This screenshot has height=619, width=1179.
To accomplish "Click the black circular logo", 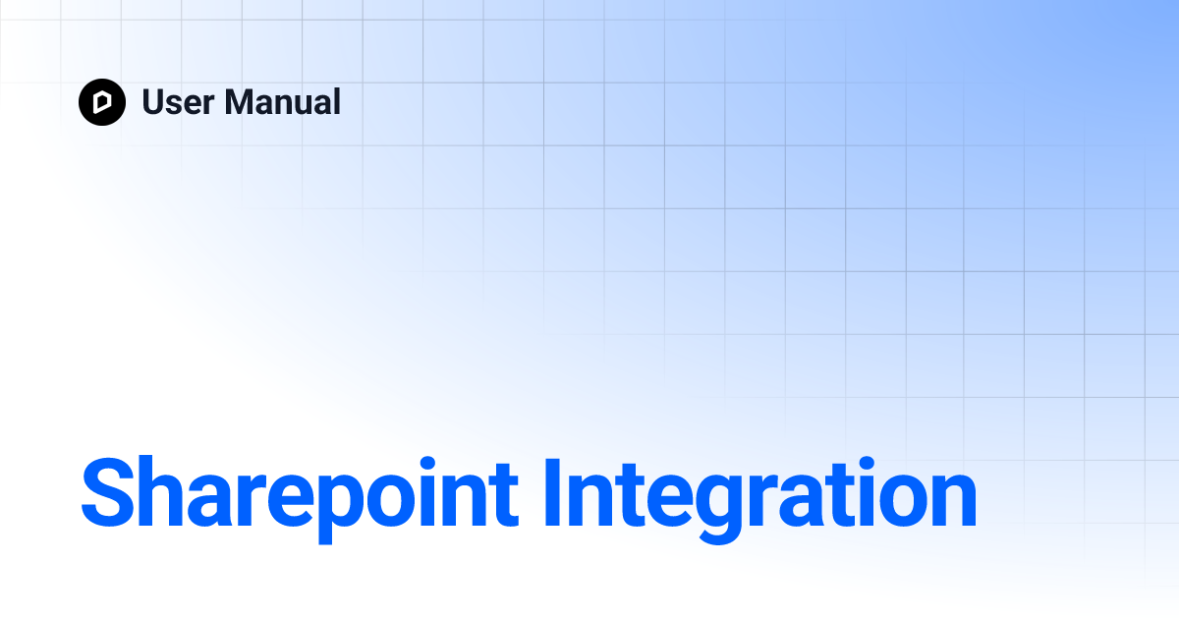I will tap(102, 102).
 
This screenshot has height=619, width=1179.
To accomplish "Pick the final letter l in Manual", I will tap(336, 102).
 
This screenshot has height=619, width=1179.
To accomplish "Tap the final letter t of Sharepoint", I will tap(518, 494).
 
